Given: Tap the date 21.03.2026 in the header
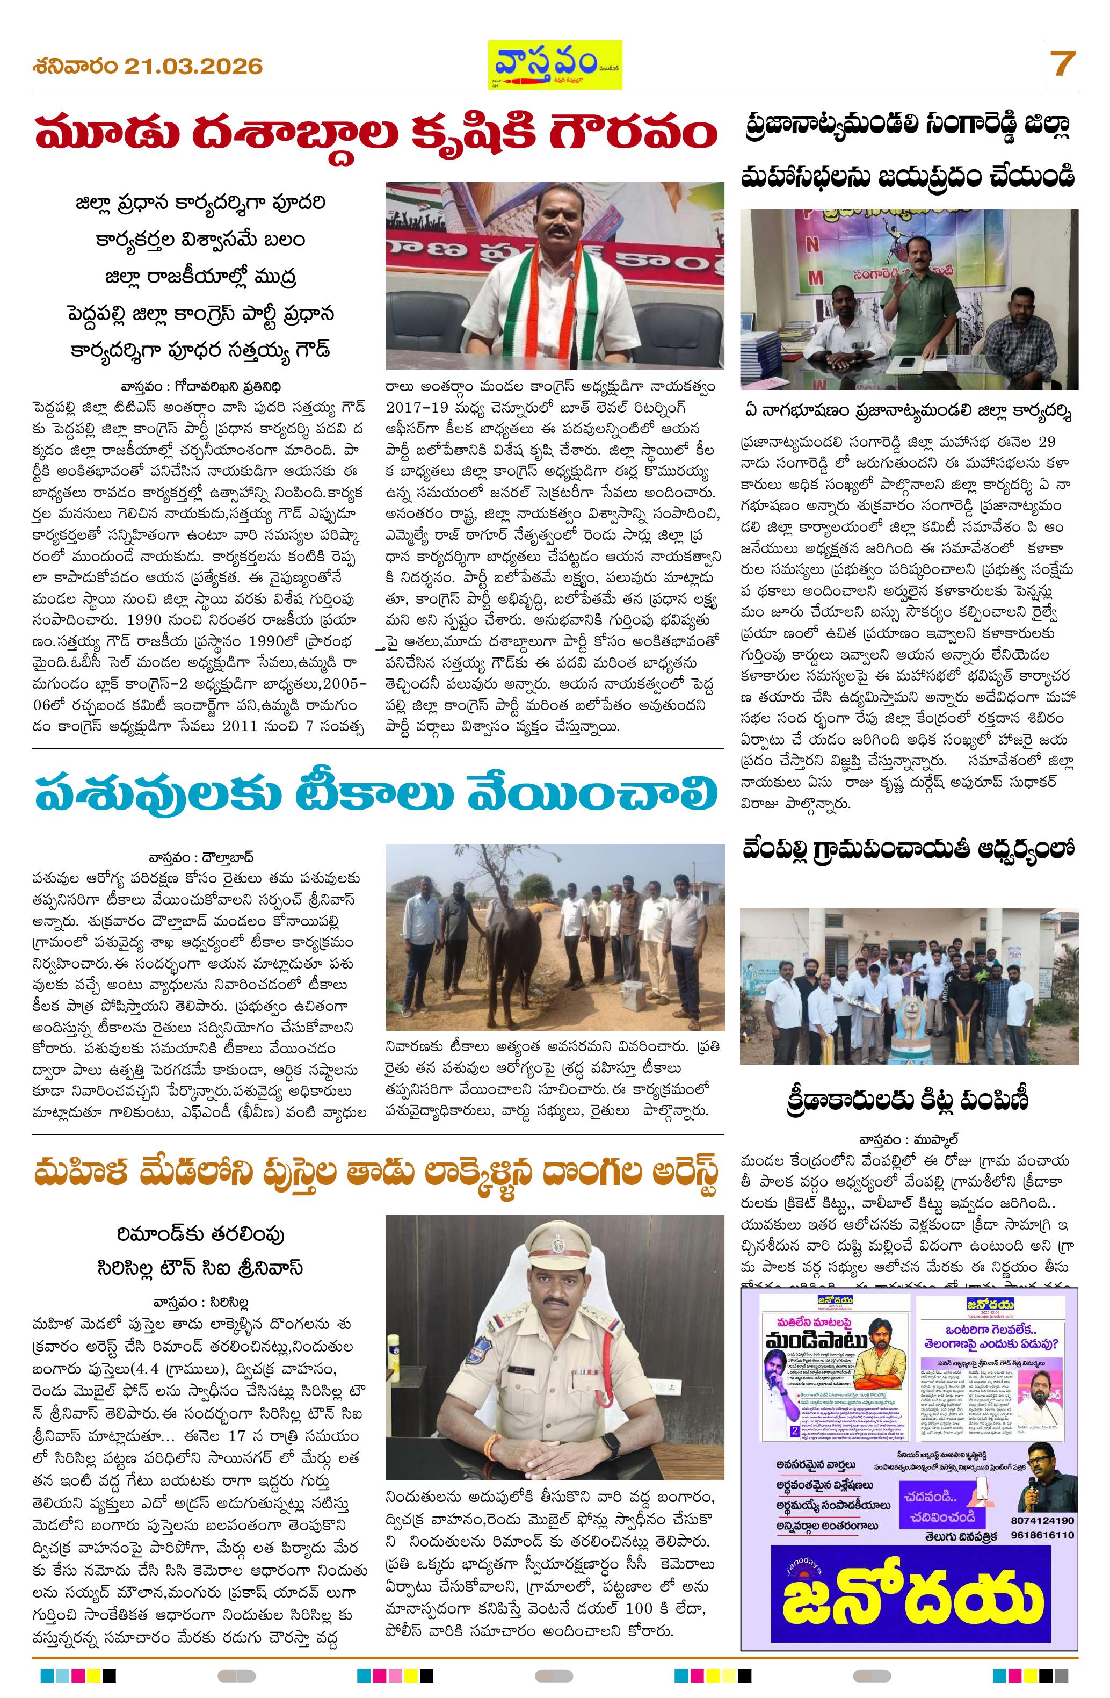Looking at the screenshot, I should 193,67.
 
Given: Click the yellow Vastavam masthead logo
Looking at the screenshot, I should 554,64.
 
